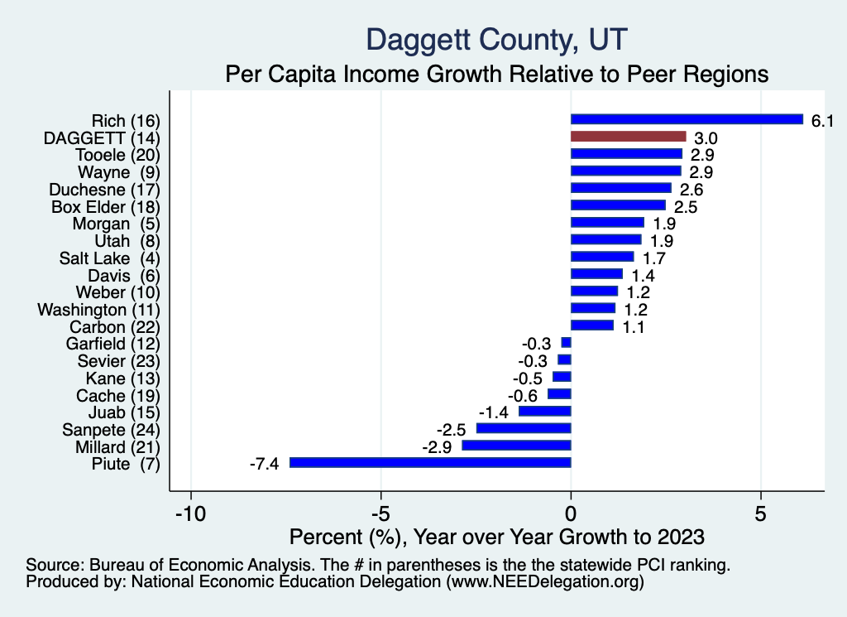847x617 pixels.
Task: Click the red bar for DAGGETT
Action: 629,137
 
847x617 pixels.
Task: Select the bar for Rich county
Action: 687,119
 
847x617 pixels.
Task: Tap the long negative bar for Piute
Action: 430,463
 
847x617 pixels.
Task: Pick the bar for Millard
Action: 516,446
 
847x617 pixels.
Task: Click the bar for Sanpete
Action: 524,428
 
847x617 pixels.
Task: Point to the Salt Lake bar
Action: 602,257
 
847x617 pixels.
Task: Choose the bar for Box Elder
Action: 618,205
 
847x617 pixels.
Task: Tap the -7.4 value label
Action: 264,464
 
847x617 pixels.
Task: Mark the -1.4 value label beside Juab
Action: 495,412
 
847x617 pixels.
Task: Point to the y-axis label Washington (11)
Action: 98,310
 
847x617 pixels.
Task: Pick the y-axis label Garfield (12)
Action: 112,344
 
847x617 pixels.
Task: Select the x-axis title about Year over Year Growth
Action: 497,536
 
